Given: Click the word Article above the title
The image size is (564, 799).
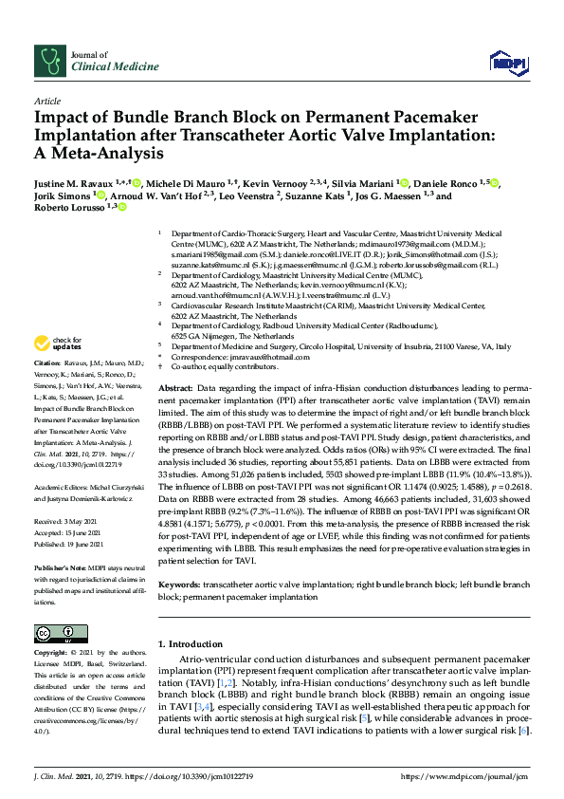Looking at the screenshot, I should click(x=47, y=100).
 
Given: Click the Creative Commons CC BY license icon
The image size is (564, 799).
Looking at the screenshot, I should click(x=52, y=633).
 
